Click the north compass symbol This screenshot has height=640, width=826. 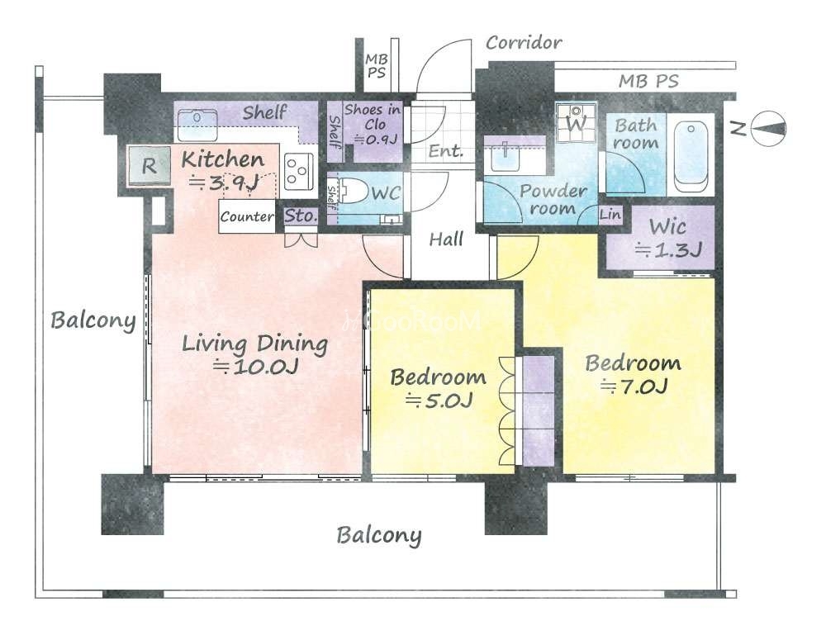click(768, 128)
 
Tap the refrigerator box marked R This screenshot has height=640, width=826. click(150, 167)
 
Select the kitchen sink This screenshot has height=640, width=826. click(197, 125)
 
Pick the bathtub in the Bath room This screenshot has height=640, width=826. click(691, 156)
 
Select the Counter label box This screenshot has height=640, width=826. click(247, 216)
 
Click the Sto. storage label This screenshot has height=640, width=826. click(301, 216)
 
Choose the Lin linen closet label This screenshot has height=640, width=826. click(610, 215)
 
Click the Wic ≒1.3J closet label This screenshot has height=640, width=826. click(667, 238)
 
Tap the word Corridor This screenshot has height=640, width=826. click(524, 43)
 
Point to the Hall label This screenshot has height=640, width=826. click(446, 239)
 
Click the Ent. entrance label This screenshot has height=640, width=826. click(446, 152)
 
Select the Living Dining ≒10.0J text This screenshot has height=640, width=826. click(255, 354)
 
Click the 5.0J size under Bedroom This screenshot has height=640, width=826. click(439, 401)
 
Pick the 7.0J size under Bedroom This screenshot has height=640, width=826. click(634, 387)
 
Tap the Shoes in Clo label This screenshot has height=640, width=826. click(373, 124)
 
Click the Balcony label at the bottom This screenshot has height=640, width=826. click(379, 536)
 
